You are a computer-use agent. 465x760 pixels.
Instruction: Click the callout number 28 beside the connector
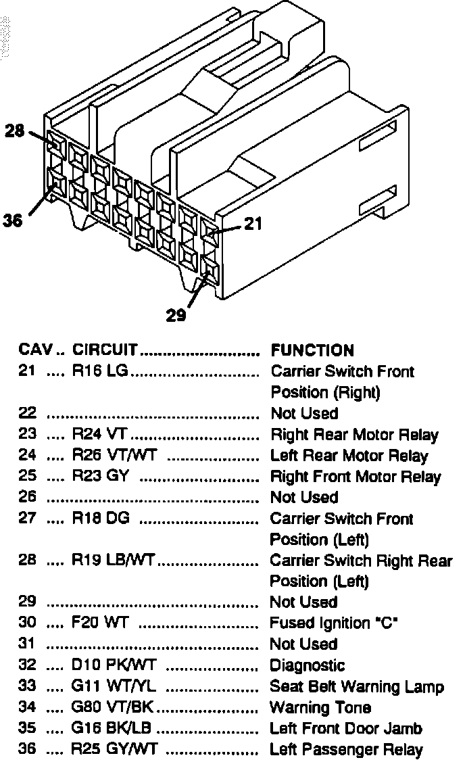click(x=15, y=131)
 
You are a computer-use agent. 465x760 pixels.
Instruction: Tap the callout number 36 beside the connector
click(x=12, y=220)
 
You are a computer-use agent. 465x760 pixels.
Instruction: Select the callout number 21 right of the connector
click(x=252, y=224)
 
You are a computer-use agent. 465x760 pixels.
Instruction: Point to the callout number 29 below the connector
click(x=176, y=316)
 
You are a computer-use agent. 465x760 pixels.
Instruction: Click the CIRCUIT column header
click(x=105, y=350)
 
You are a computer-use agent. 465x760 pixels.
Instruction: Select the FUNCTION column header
click(x=312, y=350)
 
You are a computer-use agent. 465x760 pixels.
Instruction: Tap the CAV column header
click(x=31, y=350)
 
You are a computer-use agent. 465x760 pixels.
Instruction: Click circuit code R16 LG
click(x=101, y=371)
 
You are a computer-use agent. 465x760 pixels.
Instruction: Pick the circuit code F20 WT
click(x=100, y=623)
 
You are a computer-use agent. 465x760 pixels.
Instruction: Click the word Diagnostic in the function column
click(x=308, y=665)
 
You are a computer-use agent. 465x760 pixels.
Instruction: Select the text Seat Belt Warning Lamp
click(x=357, y=687)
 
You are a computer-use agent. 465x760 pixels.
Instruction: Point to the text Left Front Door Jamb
click(x=346, y=729)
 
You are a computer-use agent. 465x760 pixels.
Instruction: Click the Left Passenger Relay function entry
click(x=346, y=750)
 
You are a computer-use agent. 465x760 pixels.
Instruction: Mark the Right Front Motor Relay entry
click(x=356, y=477)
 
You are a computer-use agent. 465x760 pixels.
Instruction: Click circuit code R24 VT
click(x=100, y=435)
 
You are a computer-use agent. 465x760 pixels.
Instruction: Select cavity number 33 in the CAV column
click(x=27, y=687)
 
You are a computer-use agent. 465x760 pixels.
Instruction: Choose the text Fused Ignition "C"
click(x=333, y=623)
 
